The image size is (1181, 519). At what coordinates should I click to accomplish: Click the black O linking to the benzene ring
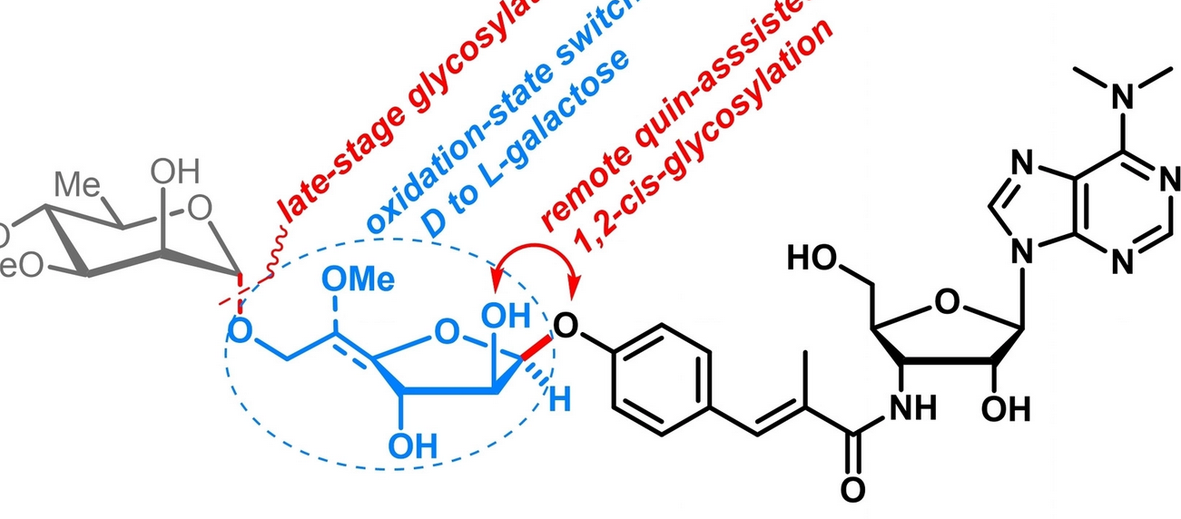tap(566, 325)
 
